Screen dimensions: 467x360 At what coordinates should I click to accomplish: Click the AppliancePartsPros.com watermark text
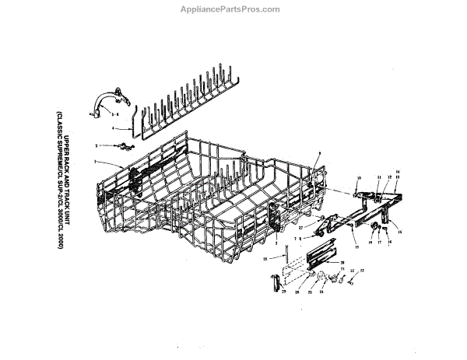pos(234,9)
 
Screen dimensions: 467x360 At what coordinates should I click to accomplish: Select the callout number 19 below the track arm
pos(356,246)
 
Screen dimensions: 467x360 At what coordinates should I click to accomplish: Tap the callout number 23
pos(360,270)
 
